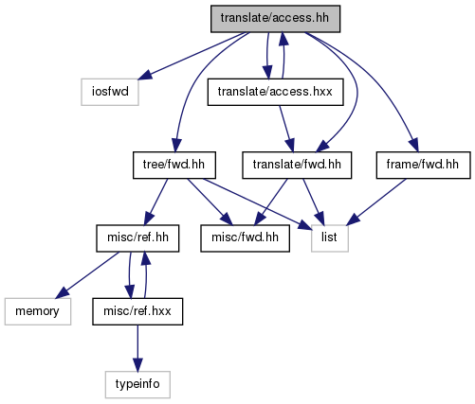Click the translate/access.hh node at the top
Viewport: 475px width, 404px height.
coord(275,19)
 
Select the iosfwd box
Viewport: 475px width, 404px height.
coord(110,92)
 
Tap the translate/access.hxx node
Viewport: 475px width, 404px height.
coord(275,92)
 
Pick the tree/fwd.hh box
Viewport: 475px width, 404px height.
coord(174,165)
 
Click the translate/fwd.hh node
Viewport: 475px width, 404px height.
coord(297,165)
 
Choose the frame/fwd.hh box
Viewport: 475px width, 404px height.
coord(423,165)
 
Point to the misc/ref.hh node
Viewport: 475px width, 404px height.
coord(137,238)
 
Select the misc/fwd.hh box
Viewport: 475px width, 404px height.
coord(245,238)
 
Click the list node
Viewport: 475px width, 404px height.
coord(330,238)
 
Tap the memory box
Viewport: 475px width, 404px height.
coord(38,311)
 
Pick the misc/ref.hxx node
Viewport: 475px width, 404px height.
coord(137,311)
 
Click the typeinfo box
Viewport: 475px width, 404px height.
coord(137,384)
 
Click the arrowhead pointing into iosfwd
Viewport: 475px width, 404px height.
coord(145,76)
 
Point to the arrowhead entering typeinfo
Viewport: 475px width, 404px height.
coord(137,364)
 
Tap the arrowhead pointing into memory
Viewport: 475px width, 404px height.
coord(63,293)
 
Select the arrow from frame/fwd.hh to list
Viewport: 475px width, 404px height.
coord(376,202)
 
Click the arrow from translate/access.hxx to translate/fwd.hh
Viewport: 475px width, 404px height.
coord(286,129)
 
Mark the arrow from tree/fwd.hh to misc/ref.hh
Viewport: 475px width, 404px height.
coord(155,202)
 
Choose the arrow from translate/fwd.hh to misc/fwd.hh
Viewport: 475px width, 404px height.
coord(271,202)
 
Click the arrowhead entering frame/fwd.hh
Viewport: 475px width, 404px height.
coord(414,146)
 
